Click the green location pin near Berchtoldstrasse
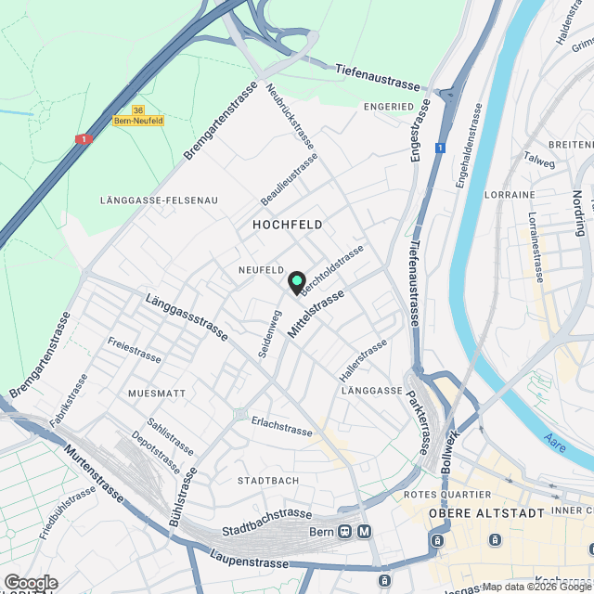(296, 282)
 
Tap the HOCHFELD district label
(288, 225)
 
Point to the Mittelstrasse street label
(316, 313)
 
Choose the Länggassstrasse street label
(186, 317)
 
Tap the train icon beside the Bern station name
(344, 532)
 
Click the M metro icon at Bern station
(364, 532)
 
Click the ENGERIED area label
(388, 107)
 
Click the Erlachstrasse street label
(281, 427)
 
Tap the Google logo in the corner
(30, 582)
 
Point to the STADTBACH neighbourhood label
(268, 481)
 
